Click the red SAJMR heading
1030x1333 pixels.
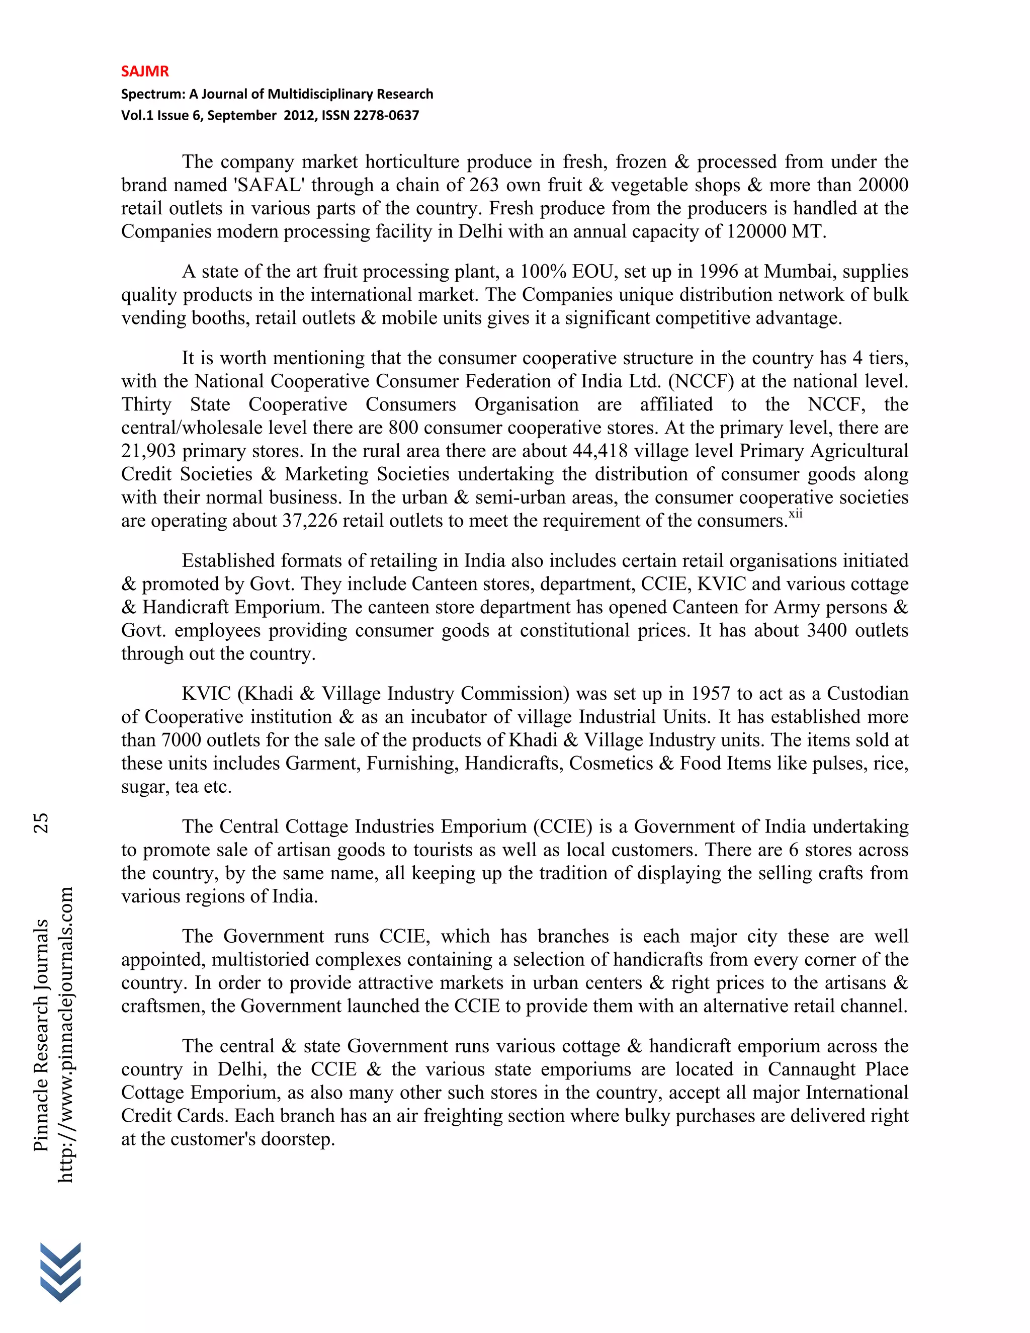145,71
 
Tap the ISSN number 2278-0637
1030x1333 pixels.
386,115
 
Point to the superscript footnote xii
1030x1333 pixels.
795,514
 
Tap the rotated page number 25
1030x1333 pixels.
41,823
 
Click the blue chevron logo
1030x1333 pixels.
60,1271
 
